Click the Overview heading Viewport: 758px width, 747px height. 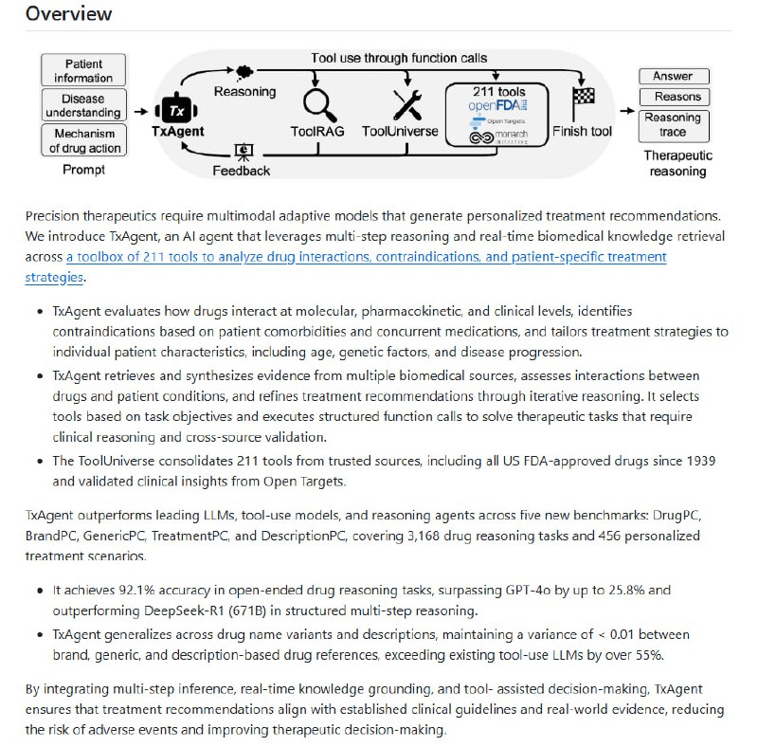coord(68,13)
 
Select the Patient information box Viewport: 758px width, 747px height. coord(83,70)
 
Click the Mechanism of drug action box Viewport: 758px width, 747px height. coord(83,140)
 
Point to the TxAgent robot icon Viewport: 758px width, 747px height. coord(177,110)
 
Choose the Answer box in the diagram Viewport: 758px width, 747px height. coord(673,76)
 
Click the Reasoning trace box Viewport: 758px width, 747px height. coord(673,124)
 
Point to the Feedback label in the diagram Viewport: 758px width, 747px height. coord(243,171)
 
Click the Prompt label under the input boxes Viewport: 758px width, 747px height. coord(83,171)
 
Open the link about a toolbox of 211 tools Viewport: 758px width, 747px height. coord(366,257)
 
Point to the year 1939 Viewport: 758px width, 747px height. coord(698,460)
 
